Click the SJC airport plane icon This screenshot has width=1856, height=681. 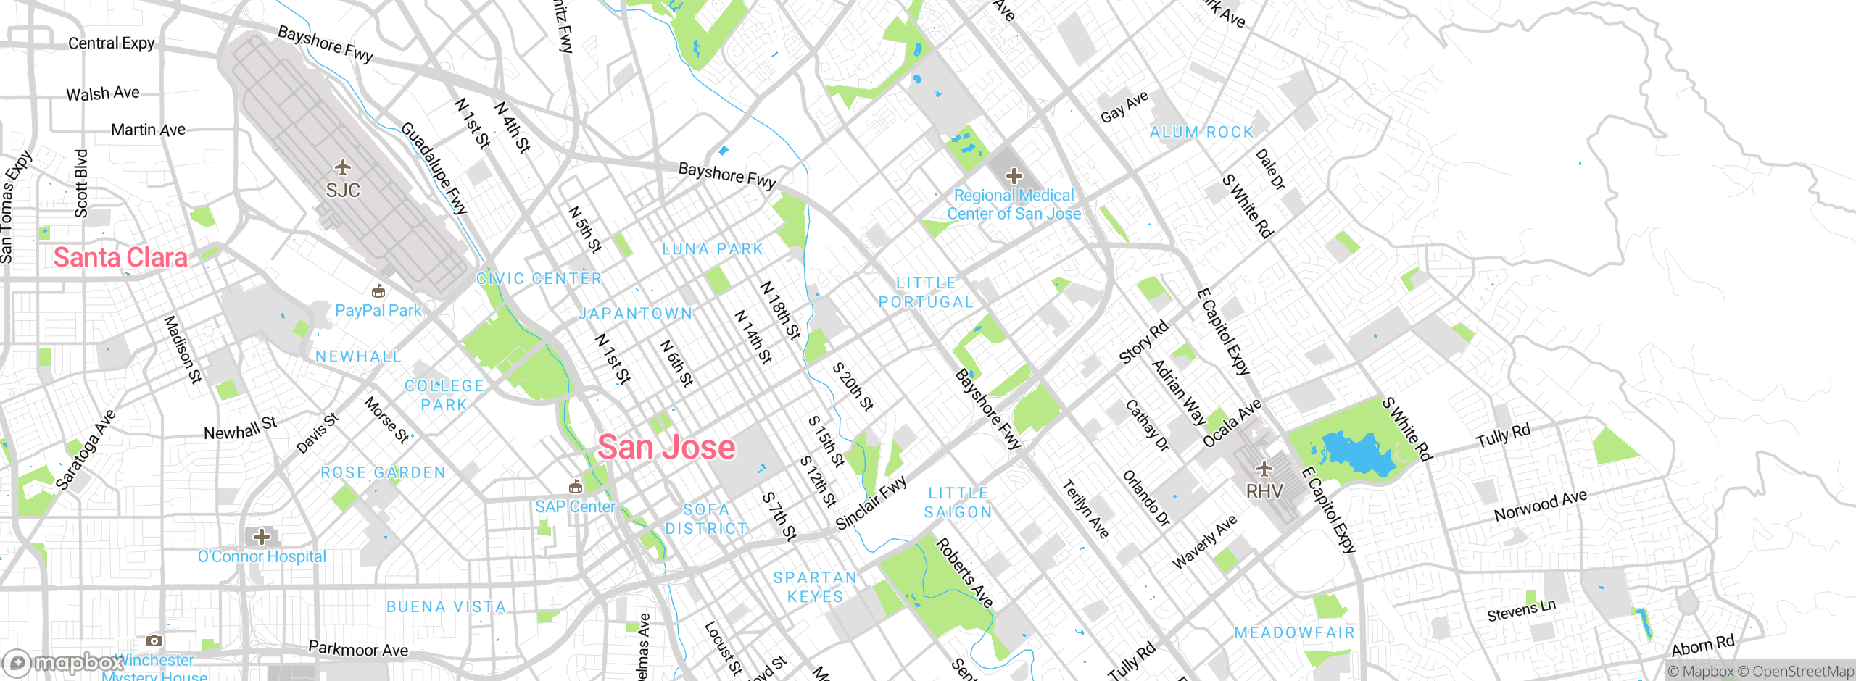(x=343, y=168)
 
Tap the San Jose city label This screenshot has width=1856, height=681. (x=666, y=447)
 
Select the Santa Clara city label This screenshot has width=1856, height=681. (x=120, y=257)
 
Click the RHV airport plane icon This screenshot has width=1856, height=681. (x=1264, y=469)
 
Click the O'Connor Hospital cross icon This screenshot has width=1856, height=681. (x=262, y=537)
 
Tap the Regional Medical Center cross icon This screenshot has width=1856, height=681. (x=1014, y=175)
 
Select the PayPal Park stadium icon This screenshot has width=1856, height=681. (x=378, y=291)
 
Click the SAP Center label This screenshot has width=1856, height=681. (x=575, y=506)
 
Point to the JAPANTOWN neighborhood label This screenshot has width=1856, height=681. (x=635, y=314)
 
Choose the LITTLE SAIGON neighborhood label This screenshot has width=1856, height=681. (x=958, y=502)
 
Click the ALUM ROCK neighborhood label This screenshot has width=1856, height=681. (x=1201, y=132)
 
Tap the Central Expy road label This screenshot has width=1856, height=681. (x=112, y=43)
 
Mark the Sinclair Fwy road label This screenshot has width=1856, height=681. (x=871, y=503)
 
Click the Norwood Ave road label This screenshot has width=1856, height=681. (x=1540, y=505)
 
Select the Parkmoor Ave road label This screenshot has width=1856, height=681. (x=358, y=649)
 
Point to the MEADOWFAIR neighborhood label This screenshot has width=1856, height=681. (x=1294, y=632)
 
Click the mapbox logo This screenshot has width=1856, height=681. (x=62, y=662)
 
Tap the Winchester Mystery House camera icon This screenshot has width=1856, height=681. (x=154, y=640)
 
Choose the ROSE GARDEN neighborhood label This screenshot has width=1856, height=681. (x=383, y=472)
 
